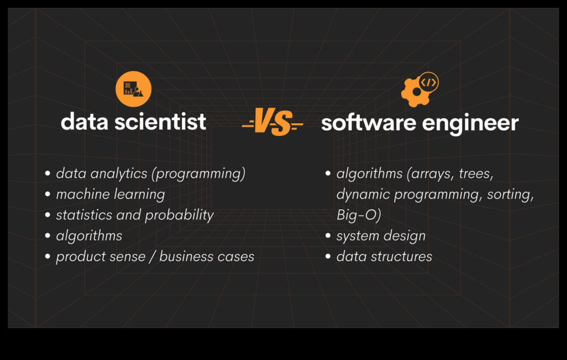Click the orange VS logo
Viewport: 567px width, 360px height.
tap(272, 122)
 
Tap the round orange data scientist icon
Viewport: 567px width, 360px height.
tap(133, 89)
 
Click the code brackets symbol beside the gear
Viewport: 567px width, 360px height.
tap(428, 83)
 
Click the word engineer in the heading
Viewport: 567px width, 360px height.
tap(471, 123)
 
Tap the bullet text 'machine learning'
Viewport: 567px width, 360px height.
tap(110, 194)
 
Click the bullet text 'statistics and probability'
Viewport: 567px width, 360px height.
tap(135, 215)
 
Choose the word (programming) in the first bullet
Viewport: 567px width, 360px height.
tap(198, 174)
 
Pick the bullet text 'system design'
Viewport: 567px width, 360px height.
tap(381, 236)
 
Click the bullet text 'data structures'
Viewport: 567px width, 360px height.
tap(384, 257)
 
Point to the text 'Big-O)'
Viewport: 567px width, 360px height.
tap(359, 215)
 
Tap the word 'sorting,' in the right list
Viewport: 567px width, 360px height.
tap(510, 195)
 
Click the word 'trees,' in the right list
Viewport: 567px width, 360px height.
tap(476, 173)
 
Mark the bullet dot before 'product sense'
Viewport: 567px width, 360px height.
tap(48, 256)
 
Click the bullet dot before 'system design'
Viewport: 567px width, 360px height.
tap(328, 236)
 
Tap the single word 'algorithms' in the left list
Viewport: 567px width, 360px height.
tap(89, 236)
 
